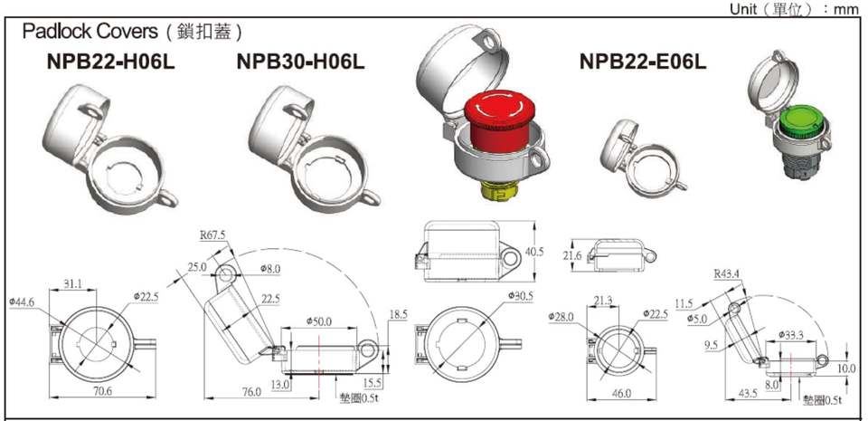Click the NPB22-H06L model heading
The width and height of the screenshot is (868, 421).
(110, 62)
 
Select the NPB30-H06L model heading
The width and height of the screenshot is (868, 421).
(300, 62)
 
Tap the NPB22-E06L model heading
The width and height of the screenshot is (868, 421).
(643, 62)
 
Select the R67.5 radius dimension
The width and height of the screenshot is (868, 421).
(213, 235)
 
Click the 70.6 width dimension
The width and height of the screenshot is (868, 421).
(102, 391)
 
